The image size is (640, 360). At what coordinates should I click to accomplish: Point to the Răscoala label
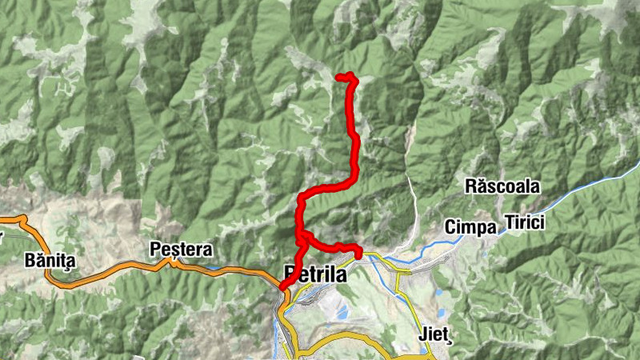pos(502,187)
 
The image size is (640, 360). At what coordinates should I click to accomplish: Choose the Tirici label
pos(524,222)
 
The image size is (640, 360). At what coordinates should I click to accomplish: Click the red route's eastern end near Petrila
pos(358,254)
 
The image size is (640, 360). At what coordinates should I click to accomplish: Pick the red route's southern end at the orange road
pos(282,288)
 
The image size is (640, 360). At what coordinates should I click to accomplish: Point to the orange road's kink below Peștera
pos(172,262)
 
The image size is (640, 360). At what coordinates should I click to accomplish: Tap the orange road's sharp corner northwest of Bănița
pos(23,218)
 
